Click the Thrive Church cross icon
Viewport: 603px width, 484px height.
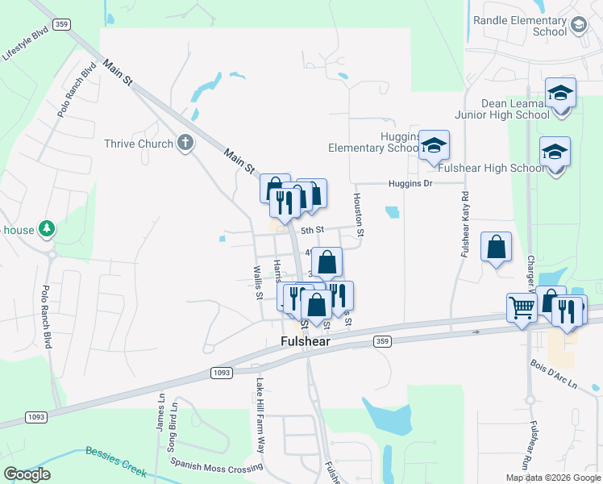pos(185,144)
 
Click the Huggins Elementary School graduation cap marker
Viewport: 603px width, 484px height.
pos(434,146)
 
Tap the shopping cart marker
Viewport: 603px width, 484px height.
pos(522,307)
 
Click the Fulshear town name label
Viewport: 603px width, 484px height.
pos(306,341)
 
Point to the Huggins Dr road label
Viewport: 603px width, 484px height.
pos(410,183)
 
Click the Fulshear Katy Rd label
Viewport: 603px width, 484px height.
pos(465,224)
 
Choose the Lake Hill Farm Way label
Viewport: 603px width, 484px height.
pos(260,415)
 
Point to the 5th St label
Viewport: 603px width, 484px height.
pos(312,230)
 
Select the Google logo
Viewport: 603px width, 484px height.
pos(27,474)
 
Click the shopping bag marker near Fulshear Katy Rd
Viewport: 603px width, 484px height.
pos(497,247)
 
